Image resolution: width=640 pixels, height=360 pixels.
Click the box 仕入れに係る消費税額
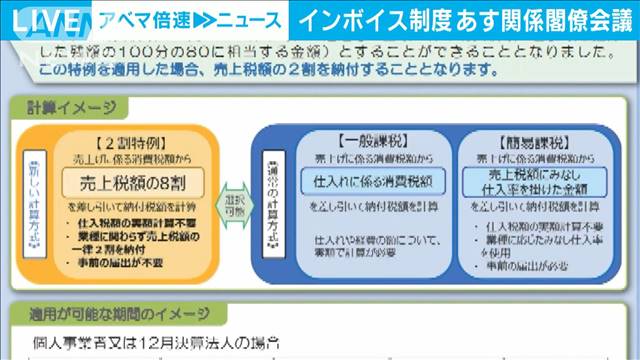pyautogui.click(x=369, y=180)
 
